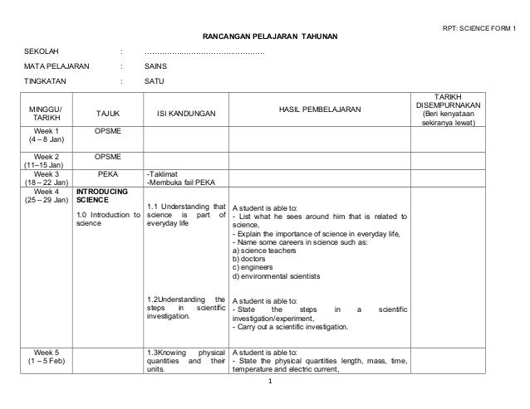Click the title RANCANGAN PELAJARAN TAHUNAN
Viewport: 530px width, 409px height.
point(265,37)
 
